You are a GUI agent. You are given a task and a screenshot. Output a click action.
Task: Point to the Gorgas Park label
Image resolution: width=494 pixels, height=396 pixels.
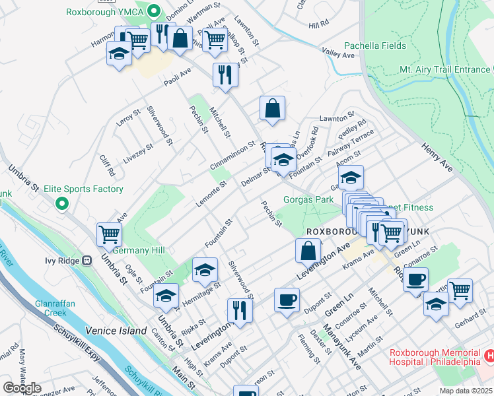(308, 199)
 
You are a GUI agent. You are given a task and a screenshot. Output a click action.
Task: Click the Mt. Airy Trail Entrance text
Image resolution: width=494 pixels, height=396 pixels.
(444, 69)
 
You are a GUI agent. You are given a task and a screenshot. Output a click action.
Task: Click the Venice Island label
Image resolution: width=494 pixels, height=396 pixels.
(112, 330)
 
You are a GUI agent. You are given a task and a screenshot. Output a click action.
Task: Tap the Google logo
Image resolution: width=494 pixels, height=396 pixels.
(22, 388)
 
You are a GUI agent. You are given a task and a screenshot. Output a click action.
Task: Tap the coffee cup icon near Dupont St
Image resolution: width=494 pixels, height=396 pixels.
(287, 300)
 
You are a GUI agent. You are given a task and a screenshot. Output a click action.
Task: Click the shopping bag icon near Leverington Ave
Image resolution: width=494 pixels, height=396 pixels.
(308, 250)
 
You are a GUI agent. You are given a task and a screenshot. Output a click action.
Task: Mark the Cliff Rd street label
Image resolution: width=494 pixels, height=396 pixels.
(107, 165)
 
